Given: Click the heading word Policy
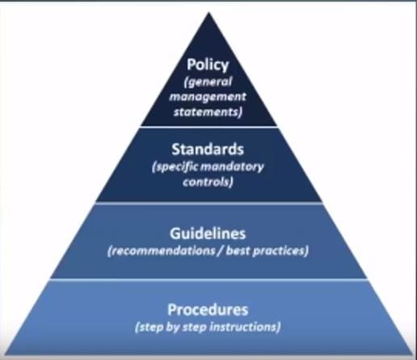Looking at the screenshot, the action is (x=208, y=65).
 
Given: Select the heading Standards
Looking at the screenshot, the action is (x=208, y=149).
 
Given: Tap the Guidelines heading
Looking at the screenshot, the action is (x=208, y=233).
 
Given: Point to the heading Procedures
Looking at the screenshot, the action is (x=208, y=309).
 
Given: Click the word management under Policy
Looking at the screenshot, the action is (x=208, y=97).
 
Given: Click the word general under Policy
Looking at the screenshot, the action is (x=208, y=82).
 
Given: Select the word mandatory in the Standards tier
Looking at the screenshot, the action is (x=232, y=167).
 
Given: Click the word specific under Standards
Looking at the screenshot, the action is (x=175, y=167).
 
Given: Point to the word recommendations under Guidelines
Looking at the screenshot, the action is (x=161, y=251).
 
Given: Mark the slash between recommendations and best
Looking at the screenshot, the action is (x=221, y=251).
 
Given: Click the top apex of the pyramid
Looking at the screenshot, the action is (x=208, y=12).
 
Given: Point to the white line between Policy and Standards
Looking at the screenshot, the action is (x=209, y=127).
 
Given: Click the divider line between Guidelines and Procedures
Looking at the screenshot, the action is (x=209, y=279).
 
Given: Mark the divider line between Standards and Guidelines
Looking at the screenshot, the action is (x=209, y=203).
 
